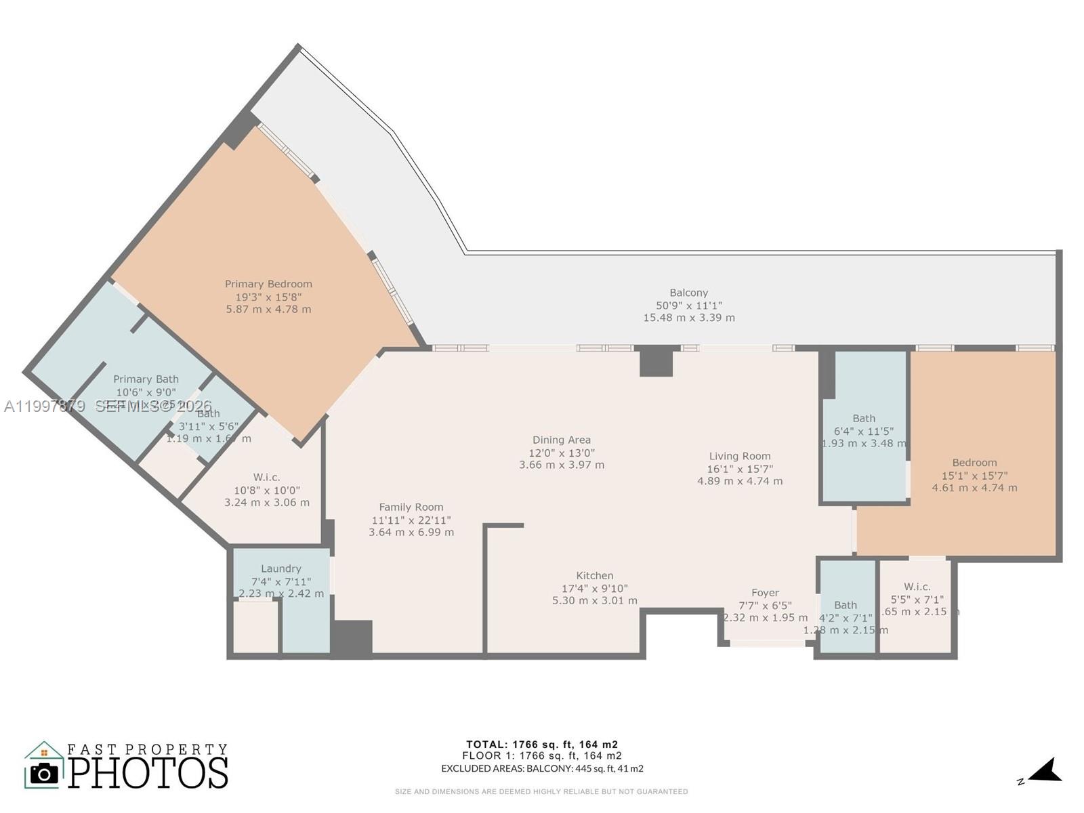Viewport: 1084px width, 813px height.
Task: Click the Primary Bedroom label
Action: click(x=268, y=285)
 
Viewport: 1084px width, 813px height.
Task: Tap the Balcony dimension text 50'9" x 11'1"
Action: click(x=688, y=306)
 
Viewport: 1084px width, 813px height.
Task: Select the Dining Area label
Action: click(x=561, y=440)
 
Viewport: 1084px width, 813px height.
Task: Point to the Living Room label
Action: click(x=740, y=457)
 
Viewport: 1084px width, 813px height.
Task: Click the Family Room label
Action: click(x=411, y=507)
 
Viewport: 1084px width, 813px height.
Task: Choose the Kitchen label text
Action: click(x=595, y=576)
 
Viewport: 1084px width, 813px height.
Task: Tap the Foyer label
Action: click(x=765, y=593)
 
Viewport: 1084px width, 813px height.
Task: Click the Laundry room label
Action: click(x=280, y=569)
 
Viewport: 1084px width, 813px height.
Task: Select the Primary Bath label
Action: click(x=146, y=379)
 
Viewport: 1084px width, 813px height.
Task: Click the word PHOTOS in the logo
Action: click(x=148, y=773)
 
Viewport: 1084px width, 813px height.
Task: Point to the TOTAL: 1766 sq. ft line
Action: click(x=542, y=745)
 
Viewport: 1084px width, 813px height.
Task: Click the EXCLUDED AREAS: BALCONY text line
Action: click(x=542, y=768)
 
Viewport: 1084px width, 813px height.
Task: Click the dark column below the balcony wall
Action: click(x=656, y=360)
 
